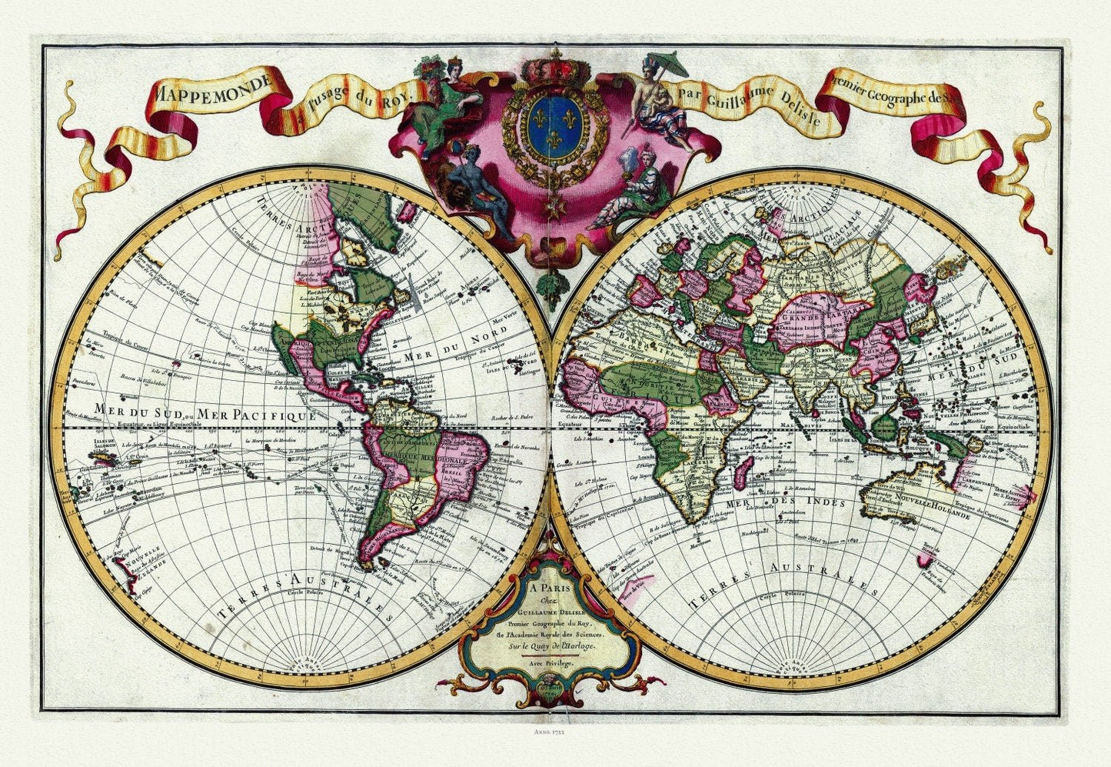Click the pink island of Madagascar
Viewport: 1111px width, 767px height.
pyautogui.click(x=740, y=472)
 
